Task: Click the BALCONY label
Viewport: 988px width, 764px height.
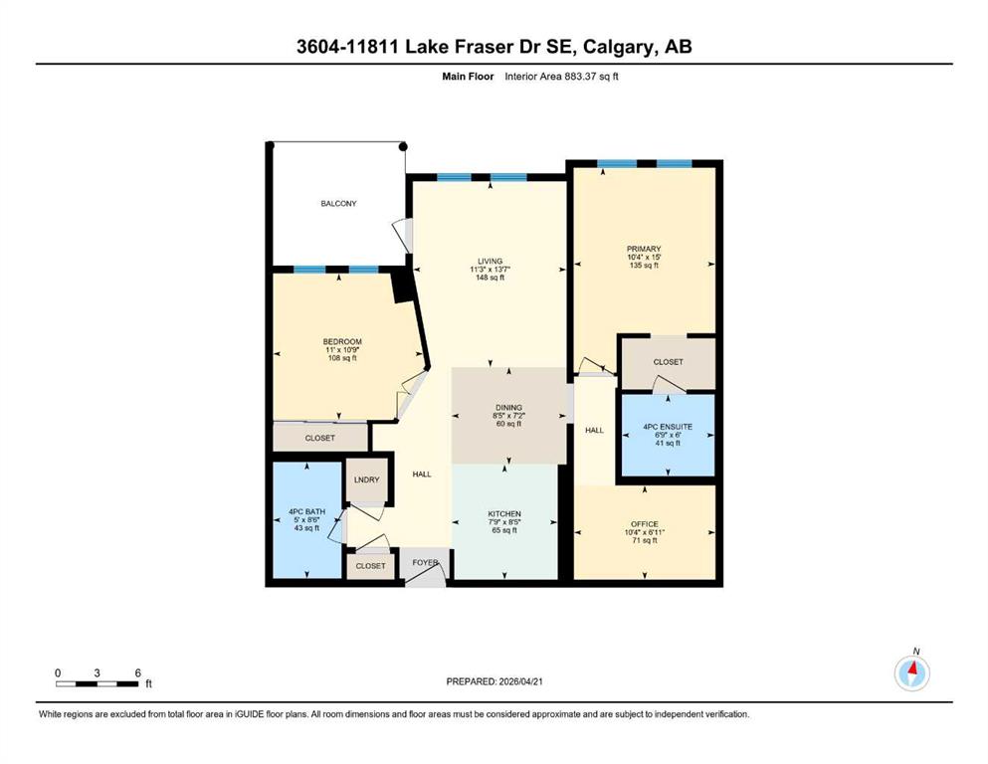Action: [338, 204]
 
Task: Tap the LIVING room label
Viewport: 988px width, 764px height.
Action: [490, 261]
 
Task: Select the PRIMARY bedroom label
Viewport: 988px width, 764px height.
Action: [644, 249]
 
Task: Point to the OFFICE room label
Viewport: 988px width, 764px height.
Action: [644, 524]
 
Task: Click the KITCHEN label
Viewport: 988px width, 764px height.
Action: [504, 514]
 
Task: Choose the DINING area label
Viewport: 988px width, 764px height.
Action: [508, 408]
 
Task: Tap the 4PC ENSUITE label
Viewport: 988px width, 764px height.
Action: [668, 427]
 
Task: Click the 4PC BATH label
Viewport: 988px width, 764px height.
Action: [306, 511]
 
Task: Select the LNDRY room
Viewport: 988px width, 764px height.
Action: [367, 479]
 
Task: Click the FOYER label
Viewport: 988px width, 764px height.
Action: [425, 562]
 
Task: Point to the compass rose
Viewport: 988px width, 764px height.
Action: [911, 672]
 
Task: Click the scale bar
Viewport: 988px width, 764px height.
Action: [98, 683]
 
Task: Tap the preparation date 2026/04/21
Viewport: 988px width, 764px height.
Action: [520, 681]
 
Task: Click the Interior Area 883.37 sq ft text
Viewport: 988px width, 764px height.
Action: [561, 77]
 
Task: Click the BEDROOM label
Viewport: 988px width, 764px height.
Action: [342, 342]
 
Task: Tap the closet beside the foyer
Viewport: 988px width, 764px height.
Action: [370, 566]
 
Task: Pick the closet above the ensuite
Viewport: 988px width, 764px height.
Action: [668, 362]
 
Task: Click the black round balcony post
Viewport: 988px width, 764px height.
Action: [403, 147]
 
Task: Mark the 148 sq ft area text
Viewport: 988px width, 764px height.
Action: [490, 278]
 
